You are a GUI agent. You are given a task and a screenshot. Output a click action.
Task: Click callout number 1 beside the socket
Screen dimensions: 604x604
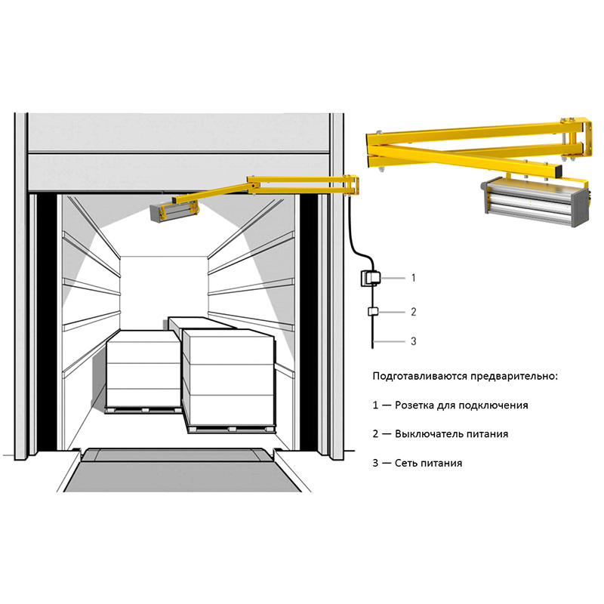413,278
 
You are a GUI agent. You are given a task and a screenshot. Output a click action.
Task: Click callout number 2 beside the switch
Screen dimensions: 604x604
413,312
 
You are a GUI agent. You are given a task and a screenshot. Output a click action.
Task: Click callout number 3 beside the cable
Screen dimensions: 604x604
413,341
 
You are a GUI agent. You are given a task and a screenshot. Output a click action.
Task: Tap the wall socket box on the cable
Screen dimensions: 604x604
370,278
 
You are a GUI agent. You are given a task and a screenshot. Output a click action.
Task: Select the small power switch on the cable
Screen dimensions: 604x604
373,311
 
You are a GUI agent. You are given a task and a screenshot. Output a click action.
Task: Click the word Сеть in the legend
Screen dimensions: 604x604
405,463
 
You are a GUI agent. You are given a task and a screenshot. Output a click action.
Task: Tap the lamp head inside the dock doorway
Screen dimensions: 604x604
175,211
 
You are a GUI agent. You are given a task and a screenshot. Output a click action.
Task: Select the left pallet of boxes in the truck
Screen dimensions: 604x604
143,371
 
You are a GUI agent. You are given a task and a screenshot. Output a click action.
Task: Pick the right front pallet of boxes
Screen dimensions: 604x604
230,381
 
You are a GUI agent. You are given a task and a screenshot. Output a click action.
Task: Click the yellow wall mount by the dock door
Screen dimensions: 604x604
352,186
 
